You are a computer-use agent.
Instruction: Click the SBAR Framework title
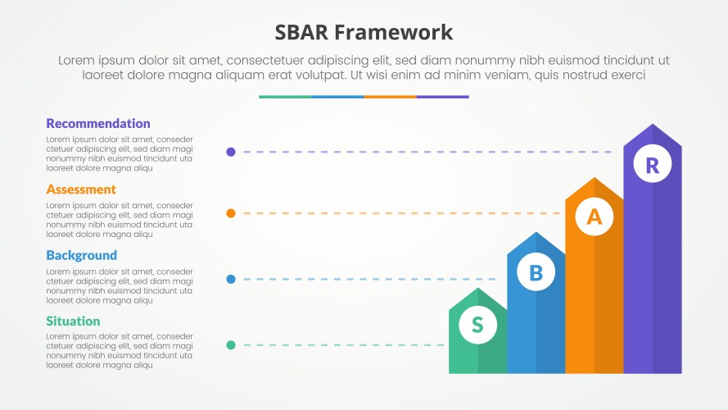click(364, 33)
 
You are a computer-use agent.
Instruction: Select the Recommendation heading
click(98, 124)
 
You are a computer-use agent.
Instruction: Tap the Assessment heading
click(81, 189)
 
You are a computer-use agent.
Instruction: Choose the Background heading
click(81, 256)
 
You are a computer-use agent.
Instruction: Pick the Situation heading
click(73, 321)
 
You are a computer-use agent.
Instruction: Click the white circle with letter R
click(653, 164)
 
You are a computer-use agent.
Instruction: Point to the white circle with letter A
click(595, 216)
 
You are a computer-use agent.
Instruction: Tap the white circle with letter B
click(536, 272)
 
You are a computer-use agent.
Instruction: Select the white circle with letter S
click(477, 325)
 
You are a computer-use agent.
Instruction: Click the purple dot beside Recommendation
click(231, 152)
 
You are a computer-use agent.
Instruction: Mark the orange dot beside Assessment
click(231, 213)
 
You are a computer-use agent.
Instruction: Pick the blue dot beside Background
click(231, 280)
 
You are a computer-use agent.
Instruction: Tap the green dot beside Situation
click(231, 345)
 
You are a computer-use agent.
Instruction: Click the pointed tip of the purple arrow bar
click(653, 124)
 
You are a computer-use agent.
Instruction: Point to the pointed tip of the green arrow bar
click(477, 288)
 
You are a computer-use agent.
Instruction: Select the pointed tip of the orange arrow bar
click(595, 178)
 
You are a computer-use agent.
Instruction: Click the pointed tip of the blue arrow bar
click(536, 232)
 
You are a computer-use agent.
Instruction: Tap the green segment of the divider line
click(285, 97)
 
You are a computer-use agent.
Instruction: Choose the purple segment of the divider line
click(442, 97)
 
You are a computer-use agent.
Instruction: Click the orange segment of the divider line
click(390, 97)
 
